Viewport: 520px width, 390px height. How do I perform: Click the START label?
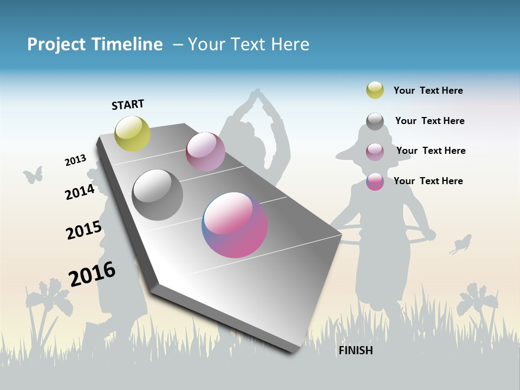tap(128, 105)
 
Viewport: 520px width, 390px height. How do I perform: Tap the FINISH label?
tap(356, 350)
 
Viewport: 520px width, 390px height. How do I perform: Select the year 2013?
tap(76, 160)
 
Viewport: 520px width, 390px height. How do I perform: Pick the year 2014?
tap(80, 192)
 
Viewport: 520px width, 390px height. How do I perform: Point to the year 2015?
tap(84, 230)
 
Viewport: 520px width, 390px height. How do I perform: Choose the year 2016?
tap(92, 274)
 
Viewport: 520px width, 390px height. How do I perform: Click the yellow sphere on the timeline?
tap(133, 134)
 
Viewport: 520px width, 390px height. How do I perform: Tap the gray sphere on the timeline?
tap(158, 195)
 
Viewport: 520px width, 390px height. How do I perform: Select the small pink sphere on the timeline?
tap(205, 152)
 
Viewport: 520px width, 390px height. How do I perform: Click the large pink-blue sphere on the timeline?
tap(235, 225)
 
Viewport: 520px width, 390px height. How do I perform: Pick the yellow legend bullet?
tap(375, 90)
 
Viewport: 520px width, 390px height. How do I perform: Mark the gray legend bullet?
tap(375, 121)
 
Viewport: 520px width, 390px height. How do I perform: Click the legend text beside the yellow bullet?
tap(428, 90)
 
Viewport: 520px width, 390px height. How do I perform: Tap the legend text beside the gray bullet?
tap(430, 121)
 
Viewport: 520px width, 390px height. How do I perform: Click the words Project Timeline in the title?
tap(95, 44)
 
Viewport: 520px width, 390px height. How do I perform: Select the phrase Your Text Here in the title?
tap(249, 44)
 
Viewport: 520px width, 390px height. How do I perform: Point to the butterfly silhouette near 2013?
tap(33, 174)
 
